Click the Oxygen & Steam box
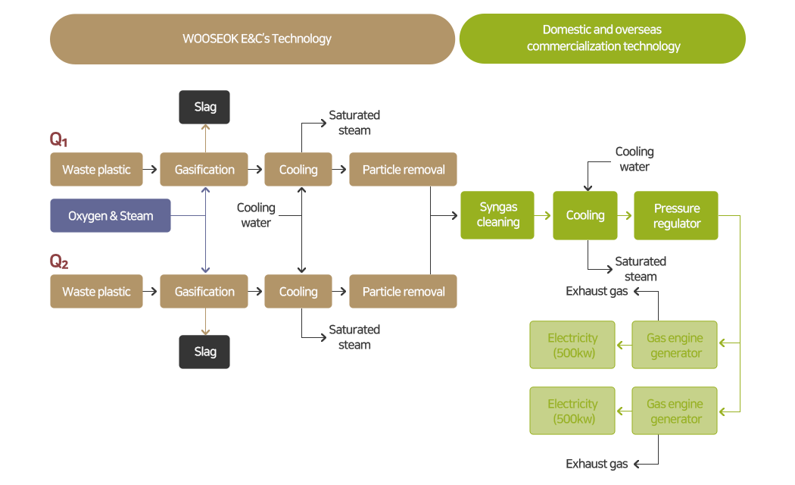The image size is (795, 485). [x=111, y=216]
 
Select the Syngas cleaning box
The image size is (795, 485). [x=497, y=215]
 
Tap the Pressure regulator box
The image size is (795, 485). [x=677, y=216]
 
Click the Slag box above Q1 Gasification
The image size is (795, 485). [x=204, y=107]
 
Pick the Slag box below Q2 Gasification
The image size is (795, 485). [x=204, y=352]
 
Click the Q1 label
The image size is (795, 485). [x=58, y=139]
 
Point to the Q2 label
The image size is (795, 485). [x=59, y=261]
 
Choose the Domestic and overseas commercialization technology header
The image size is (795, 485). [x=603, y=39]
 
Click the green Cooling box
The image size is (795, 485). [x=585, y=215]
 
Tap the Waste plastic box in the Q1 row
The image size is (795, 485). [x=96, y=170]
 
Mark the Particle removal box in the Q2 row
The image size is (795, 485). [x=403, y=292]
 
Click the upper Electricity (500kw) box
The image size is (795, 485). [x=572, y=346]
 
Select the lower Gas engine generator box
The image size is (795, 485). [x=675, y=411]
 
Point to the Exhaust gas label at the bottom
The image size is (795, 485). [x=597, y=464]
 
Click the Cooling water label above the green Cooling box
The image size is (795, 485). [x=634, y=159]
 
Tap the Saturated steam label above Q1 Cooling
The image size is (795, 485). [x=354, y=123]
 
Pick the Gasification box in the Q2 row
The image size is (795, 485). [x=204, y=292]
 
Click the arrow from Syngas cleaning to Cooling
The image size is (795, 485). [x=544, y=215]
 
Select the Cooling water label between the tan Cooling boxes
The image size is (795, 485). [x=256, y=215]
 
